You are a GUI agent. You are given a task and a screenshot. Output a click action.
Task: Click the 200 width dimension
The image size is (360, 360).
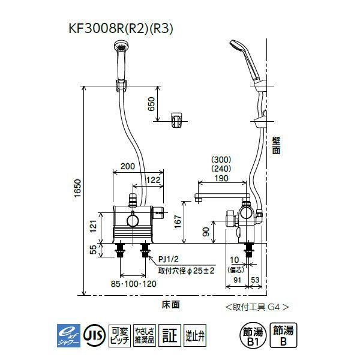coord(127,166)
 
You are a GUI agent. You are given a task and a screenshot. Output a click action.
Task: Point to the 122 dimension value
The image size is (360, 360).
coord(153,179)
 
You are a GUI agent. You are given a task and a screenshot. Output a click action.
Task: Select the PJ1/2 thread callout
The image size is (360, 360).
coord(169,260)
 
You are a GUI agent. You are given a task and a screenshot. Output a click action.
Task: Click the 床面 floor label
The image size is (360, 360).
coord(170,305)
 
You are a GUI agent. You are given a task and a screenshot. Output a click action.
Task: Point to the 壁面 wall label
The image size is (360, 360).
coord(275,146)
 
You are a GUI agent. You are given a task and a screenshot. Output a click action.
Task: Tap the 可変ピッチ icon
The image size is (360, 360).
coord(122,333)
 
